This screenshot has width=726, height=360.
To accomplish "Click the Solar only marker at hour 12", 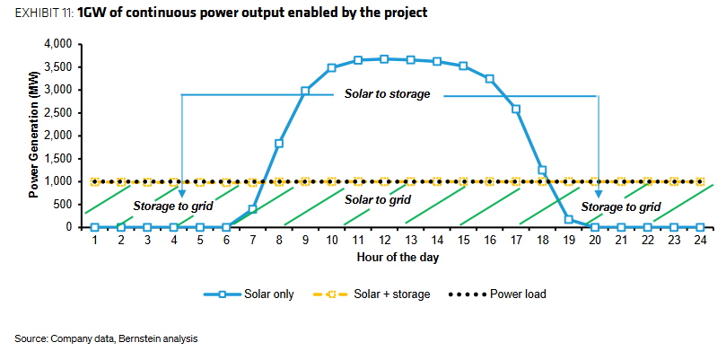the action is tap(384, 59).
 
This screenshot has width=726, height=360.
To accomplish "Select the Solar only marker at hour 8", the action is tap(279, 143).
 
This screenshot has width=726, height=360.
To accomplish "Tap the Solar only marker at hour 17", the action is tap(516, 109).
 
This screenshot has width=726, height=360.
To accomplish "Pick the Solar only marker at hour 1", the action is tap(95, 227).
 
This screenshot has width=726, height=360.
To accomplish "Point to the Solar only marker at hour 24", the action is tap(700, 227).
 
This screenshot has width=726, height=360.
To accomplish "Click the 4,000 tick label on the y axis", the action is tap(60, 45).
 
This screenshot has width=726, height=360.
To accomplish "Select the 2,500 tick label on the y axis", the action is tap(60, 113).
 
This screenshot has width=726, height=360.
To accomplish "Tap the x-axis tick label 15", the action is tap(463, 241).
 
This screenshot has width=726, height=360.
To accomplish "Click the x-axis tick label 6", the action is tap(226, 241).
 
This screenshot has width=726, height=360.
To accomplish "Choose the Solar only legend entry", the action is tap(249, 294).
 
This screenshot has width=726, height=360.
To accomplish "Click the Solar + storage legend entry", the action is tap(372, 294).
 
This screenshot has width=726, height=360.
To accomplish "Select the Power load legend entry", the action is tap(497, 294).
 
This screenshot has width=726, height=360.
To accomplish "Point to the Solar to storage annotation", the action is tap(387, 94).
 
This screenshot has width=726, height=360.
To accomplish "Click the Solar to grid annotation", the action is tap(378, 199).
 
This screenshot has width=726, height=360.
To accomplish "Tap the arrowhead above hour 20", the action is tap(599, 194).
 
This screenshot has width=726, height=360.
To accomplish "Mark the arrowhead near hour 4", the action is tap(181, 194).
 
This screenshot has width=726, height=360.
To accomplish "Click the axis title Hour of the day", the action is tap(398, 258).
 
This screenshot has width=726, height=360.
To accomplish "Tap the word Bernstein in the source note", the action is tap(136, 338).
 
